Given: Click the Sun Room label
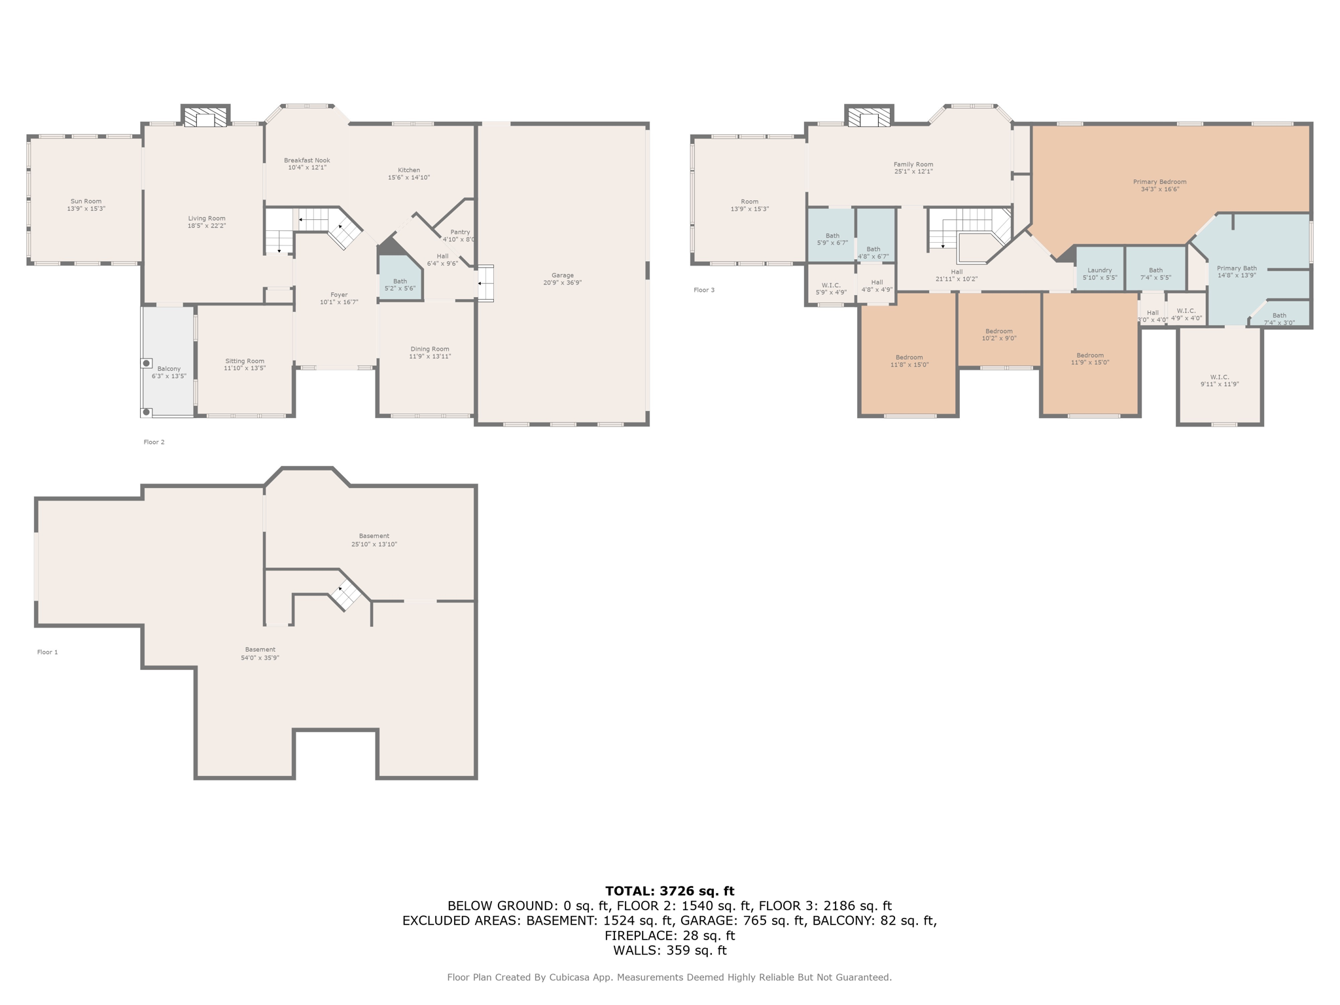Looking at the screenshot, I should coord(86,202).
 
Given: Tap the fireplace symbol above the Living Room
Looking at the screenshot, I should coord(205,118).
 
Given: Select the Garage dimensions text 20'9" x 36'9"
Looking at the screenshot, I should coord(562,283).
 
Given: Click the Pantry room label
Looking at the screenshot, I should coord(460,232).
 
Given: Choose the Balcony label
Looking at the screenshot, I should coord(169,369).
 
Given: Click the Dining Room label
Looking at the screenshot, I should coord(430,349).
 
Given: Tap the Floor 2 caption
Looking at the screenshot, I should coord(154,442).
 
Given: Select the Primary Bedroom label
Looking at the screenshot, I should coord(1159,182).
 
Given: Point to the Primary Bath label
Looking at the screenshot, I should coord(1237,268).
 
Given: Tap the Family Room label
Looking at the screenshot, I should coord(913,165).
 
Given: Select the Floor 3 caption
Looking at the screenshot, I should coord(704,290).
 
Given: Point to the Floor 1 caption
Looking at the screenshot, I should coord(48,652).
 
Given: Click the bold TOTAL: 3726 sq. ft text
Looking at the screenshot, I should coord(669,890).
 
